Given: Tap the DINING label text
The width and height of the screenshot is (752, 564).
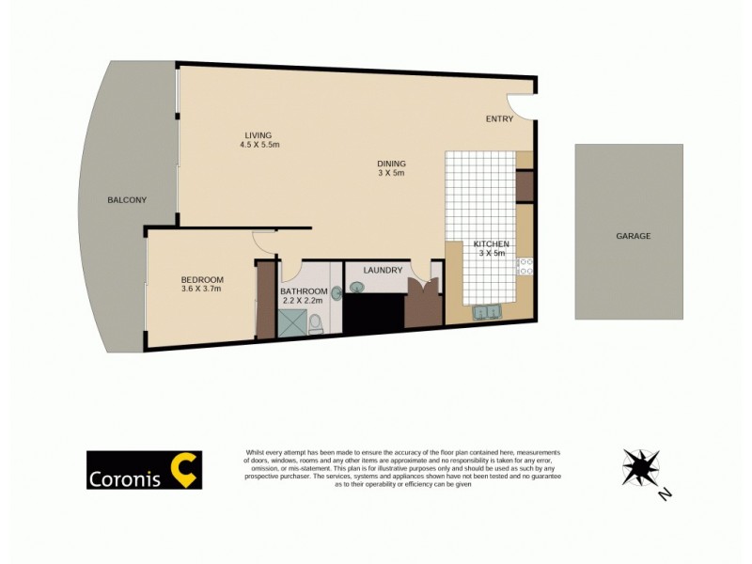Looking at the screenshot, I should pos(391,163).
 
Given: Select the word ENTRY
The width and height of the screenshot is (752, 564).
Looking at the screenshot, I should pos(499,119).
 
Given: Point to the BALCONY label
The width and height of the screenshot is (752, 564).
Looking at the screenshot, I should pos(126,200).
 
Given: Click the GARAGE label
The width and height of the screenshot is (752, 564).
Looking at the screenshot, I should pos(633,236).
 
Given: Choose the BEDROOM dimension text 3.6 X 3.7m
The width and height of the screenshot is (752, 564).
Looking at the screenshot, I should pos(202,290).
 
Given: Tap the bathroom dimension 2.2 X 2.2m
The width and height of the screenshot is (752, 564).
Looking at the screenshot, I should pos(302,301).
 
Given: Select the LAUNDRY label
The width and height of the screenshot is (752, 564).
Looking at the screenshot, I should pos(383,271).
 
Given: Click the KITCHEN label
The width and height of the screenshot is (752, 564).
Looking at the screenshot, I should pos(491,243).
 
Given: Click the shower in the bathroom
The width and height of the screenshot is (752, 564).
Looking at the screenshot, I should pos(290,323).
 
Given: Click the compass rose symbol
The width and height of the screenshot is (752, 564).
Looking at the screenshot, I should pos(640,466).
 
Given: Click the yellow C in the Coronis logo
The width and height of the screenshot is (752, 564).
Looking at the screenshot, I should pos(184,470).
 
